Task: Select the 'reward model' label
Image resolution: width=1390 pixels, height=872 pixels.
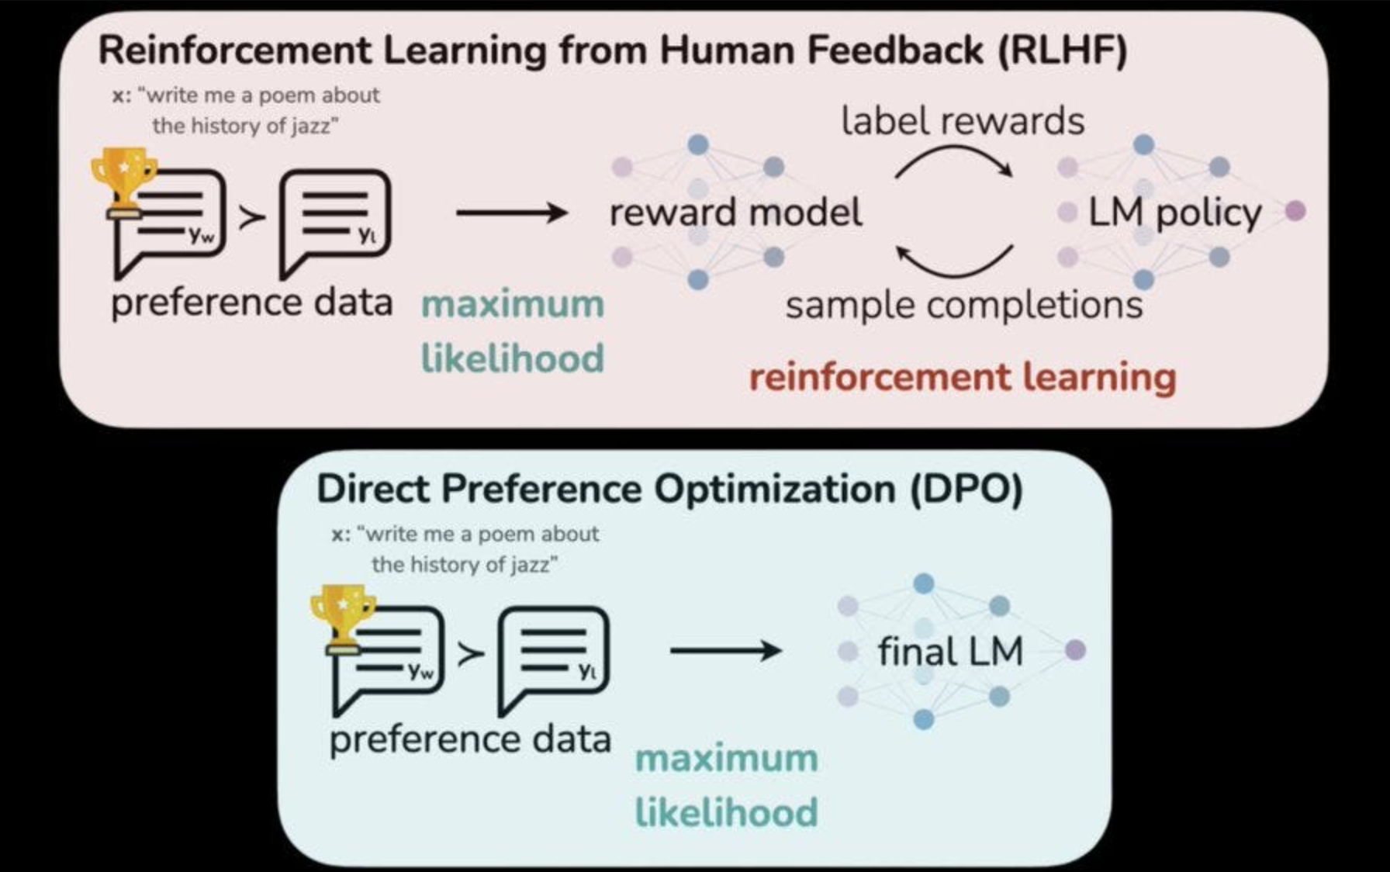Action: (735, 213)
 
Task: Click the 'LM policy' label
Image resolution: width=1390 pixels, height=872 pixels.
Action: (1174, 213)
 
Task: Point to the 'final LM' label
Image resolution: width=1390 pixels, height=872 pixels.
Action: (950, 651)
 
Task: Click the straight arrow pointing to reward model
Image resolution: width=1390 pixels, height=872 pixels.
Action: (512, 213)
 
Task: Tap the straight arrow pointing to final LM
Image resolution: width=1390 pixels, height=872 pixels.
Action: (725, 650)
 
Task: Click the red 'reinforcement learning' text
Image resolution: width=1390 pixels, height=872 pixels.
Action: (963, 378)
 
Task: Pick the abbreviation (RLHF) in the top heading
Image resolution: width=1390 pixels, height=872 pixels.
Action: (1062, 51)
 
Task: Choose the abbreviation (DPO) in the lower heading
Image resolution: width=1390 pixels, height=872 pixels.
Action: (966, 490)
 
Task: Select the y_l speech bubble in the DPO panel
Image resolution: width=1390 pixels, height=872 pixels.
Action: (554, 656)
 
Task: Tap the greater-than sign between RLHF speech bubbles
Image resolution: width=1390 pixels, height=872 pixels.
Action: (252, 217)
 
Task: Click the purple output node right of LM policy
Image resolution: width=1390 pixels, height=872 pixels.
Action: (1295, 210)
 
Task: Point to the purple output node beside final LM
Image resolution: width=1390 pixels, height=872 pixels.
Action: (1075, 650)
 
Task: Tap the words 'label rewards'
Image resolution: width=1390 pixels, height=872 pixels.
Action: (963, 122)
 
